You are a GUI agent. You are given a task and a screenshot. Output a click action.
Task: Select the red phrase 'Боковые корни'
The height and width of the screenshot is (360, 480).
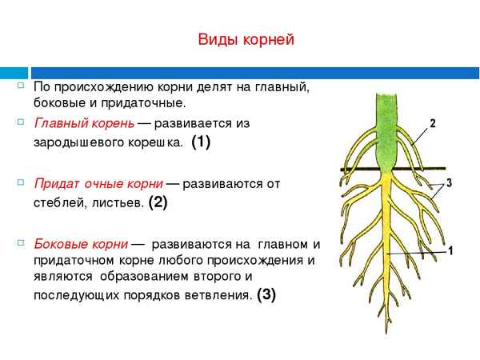tap(80, 244)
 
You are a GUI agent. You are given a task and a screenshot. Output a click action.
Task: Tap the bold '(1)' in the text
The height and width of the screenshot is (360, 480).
tap(201, 143)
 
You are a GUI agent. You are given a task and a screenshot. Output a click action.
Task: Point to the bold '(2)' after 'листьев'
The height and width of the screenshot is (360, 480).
tap(158, 202)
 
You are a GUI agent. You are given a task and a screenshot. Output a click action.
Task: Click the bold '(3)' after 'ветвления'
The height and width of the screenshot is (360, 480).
tap(266, 294)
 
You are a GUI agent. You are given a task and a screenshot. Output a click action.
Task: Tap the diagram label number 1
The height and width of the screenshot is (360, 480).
tap(451, 251)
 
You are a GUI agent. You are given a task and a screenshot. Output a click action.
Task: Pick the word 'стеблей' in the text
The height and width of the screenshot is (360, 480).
tap(57, 203)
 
